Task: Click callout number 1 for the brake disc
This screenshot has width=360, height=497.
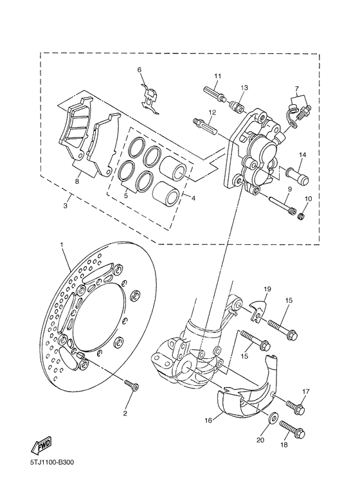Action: click(x=62, y=245)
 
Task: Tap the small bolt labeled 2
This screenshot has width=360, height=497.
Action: click(x=132, y=386)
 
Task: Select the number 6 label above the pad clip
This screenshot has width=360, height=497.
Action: click(x=138, y=69)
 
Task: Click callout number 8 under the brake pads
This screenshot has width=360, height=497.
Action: click(x=76, y=182)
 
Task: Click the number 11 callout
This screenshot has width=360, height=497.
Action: click(x=217, y=77)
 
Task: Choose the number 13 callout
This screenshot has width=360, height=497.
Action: click(x=244, y=87)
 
